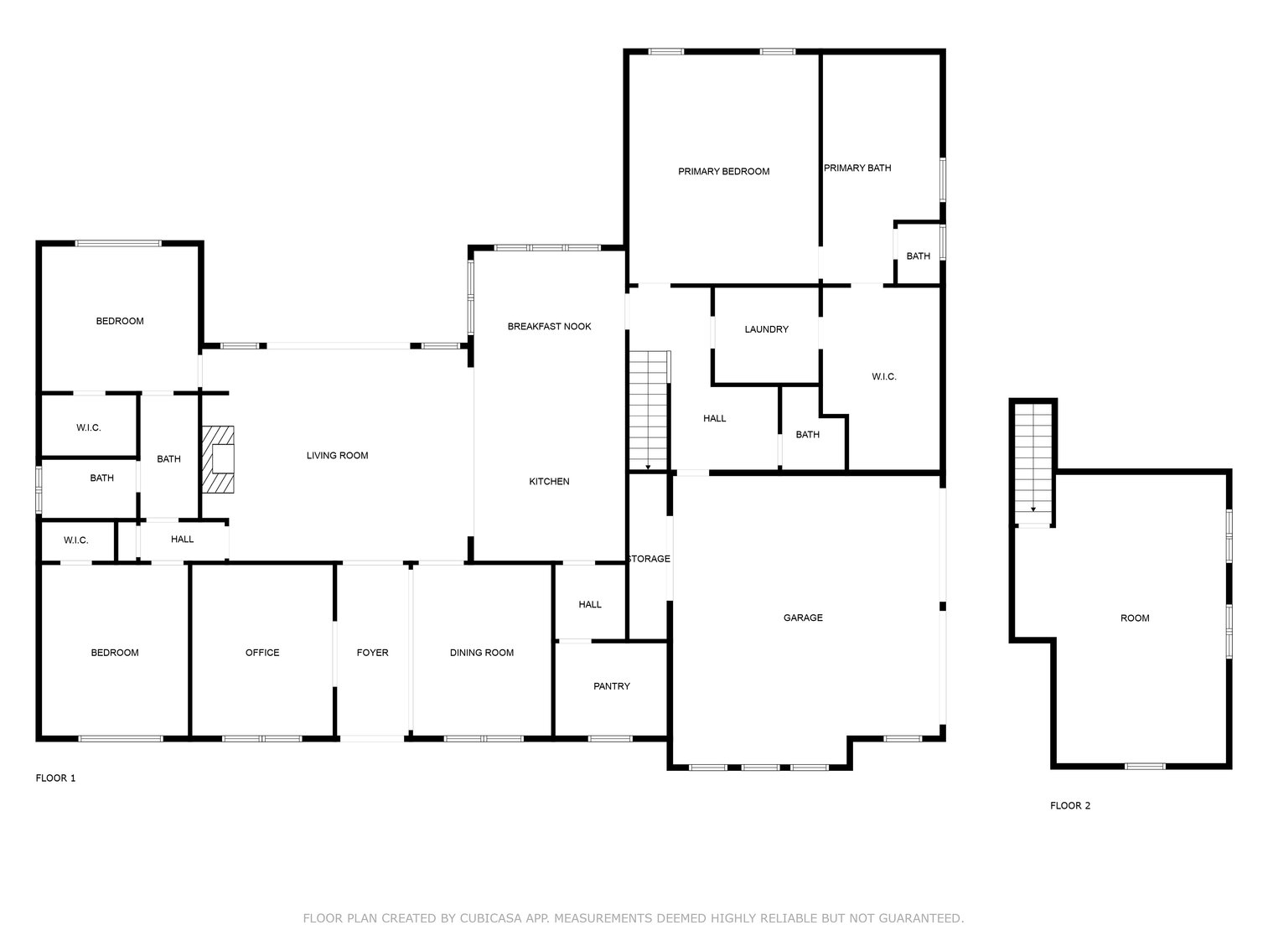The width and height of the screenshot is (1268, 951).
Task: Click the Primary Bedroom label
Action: (723, 172)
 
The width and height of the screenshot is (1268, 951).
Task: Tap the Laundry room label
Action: (766, 329)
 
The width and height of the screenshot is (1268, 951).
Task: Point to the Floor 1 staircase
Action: (649, 411)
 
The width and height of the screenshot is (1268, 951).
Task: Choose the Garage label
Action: (803, 618)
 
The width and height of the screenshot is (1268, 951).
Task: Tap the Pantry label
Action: (611, 686)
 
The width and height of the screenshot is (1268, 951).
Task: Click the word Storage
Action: (649, 559)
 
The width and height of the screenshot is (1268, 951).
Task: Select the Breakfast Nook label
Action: (549, 326)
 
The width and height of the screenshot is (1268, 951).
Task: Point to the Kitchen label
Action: (549, 481)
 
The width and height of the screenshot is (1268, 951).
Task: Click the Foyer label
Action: (372, 653)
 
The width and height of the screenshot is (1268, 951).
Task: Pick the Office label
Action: (262, 653)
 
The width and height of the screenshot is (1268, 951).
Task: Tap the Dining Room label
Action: (481, 653)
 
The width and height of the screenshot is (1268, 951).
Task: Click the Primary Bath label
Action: (857, 168)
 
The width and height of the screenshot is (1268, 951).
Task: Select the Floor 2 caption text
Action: (1070, 806)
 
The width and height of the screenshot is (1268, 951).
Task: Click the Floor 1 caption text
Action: (55, 778)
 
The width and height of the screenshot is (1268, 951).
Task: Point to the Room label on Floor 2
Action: (1135, 618)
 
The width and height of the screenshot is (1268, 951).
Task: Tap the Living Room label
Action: (337, 456)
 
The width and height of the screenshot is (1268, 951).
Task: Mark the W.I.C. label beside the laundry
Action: (883, 377)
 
